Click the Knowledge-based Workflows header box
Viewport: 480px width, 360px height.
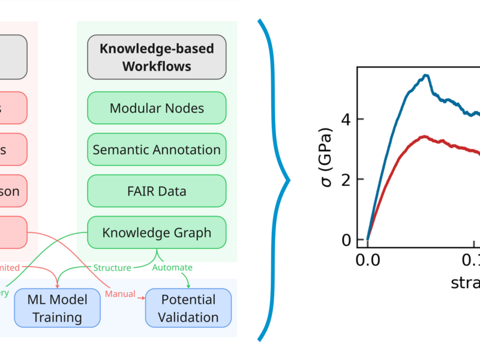pos(157,57)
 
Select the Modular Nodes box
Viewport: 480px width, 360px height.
pos(157,108)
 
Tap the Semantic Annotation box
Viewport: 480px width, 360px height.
pos(157,149)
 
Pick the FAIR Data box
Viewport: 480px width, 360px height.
pos(157,191)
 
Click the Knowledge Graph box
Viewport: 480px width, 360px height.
pos(157,232)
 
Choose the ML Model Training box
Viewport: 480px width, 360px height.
pos(58,308)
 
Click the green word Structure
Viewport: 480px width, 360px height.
pos(112,268)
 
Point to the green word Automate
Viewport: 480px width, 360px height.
pos(172,268)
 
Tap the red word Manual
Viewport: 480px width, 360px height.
pos(119,294)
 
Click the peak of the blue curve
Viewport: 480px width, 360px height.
pos(425,75)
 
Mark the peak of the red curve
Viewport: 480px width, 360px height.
pos(424,137)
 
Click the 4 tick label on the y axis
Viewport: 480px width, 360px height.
pos(346,119)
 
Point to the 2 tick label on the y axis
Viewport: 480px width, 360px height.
pos(346,179)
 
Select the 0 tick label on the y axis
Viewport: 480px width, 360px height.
pos(346,240)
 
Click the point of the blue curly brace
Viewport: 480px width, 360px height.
pos(289,179)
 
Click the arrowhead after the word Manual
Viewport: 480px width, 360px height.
pos(142,295)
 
